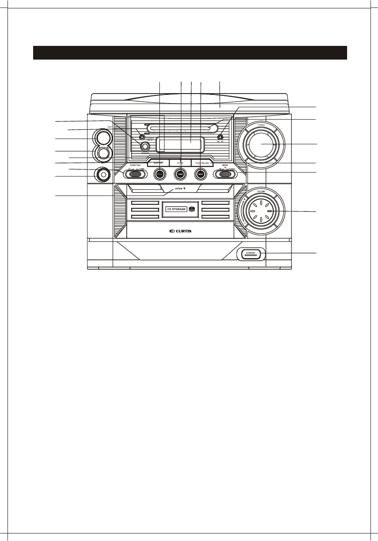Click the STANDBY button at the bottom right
(251, 253)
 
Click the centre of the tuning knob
(261, 145)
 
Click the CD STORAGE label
(176, 209)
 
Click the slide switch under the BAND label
(224, 174)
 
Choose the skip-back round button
(181, 175)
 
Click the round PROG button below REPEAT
(160, 175)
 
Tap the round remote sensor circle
(144, 147)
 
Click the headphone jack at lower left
(103, 175)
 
